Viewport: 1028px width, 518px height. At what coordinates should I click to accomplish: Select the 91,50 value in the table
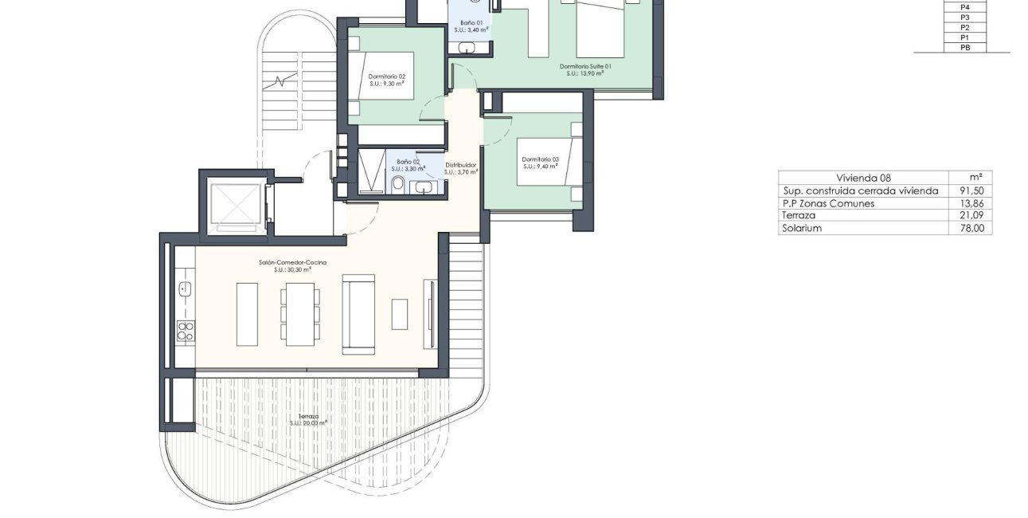[x=971, y=191]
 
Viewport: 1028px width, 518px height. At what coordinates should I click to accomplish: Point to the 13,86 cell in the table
[x=971, y=204]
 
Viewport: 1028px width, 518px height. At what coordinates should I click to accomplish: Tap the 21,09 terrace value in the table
[x=971, y=216]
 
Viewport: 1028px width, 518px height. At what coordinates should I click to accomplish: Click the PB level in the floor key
[x=965, y=48]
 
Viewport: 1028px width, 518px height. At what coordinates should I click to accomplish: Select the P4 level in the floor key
[x=965, y=6]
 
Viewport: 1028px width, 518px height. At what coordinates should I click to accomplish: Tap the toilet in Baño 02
[x=398, y=184]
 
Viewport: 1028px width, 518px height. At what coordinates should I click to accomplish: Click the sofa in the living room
[x=358, y=314]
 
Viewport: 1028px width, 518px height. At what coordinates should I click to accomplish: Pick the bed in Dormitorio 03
[x=550, y=163]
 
